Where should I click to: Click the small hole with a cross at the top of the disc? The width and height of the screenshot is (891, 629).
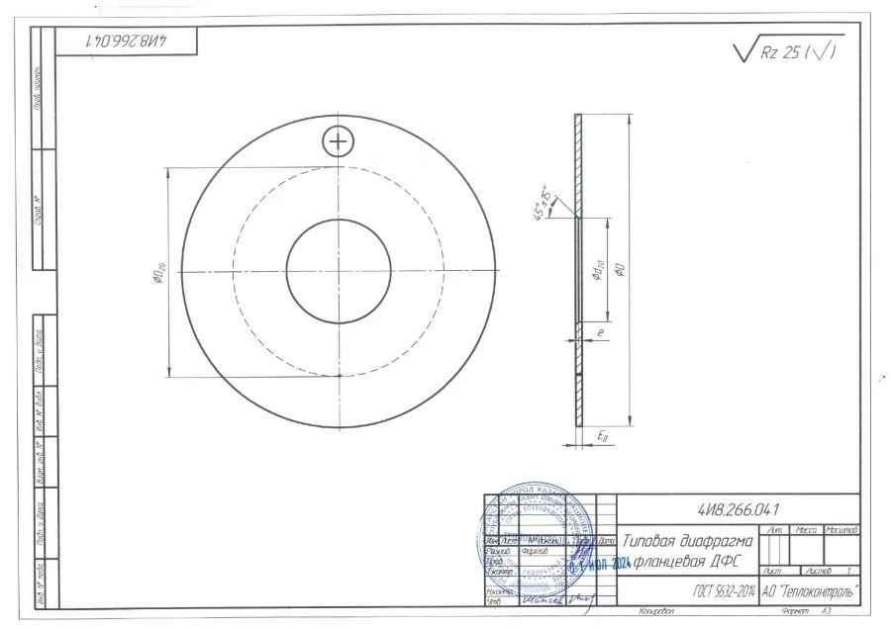[339, 141]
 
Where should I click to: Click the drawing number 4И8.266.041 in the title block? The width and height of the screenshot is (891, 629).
[739, 508]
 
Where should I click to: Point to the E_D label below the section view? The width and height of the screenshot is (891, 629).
[602, 435]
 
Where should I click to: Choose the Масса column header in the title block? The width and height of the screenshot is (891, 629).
[806, 531]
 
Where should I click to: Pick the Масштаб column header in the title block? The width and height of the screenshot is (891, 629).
[841, 531]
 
